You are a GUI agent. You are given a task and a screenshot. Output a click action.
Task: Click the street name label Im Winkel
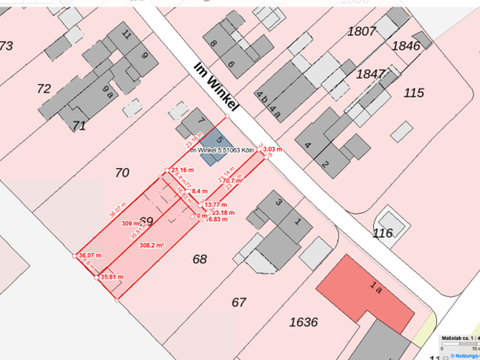coord(218,89)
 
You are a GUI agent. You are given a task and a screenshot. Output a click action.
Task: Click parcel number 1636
coord(304,322)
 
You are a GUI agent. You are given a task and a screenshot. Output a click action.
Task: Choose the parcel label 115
coord(414,93)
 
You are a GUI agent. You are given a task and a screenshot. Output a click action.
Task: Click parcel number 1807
coord(362,31)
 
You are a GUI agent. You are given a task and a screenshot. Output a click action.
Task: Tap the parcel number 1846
coord(406,45)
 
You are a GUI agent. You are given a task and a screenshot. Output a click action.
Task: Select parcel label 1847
coord(371,74)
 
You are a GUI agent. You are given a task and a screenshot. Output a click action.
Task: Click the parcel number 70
coord(123,172)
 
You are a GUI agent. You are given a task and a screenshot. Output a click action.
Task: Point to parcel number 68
coord(200,259)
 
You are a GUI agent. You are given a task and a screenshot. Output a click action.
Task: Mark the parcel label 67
coord(239,302)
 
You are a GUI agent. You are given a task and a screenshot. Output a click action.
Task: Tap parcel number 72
coord(44,89)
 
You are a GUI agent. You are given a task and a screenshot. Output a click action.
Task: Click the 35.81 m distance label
coord(112,276)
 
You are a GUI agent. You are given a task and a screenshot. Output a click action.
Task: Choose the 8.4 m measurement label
coord(198,192)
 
